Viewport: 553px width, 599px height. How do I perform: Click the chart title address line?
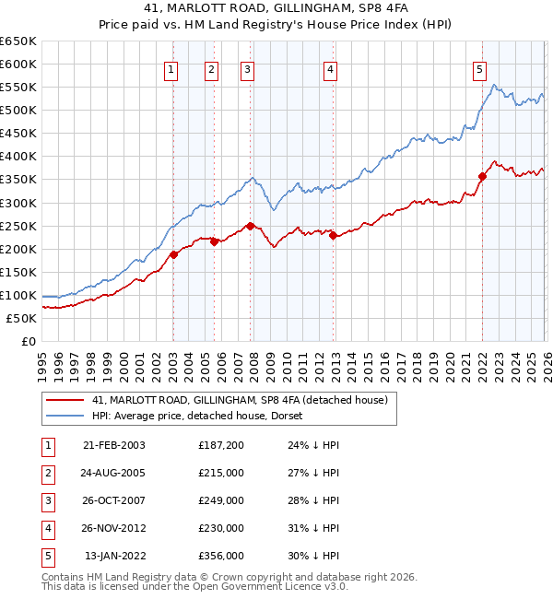click(x=276, y=7)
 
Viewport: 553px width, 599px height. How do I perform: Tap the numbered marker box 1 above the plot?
click(x=172, y=68)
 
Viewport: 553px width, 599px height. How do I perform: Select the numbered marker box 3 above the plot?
click(x=249, y=68)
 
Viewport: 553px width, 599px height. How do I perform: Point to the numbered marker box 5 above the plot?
click(x=480, y=68)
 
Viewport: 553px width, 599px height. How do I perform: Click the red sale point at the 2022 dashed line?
click(x=482, y=176)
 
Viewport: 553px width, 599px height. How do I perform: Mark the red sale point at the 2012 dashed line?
click(x=333, y=235)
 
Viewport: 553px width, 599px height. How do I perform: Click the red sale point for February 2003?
click(x=173, y=254)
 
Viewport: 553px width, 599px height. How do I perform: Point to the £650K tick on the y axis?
click(x=18, y=41)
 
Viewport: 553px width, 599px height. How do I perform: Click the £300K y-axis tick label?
click(x=18, y=203)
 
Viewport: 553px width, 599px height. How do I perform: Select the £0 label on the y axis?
click(x=28, y=341)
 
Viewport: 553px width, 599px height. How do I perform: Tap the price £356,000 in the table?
click(x=221, y=556)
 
